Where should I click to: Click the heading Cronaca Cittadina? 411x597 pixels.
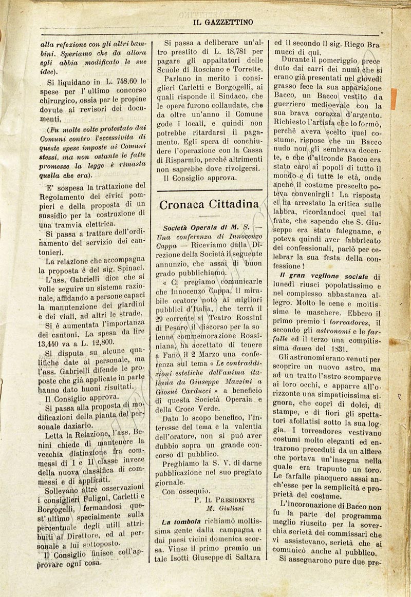coord(209,204)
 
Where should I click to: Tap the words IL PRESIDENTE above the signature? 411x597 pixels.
coord(232,499)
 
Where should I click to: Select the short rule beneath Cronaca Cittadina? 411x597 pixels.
coord(209,217)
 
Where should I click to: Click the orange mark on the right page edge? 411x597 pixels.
coord(394,99)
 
